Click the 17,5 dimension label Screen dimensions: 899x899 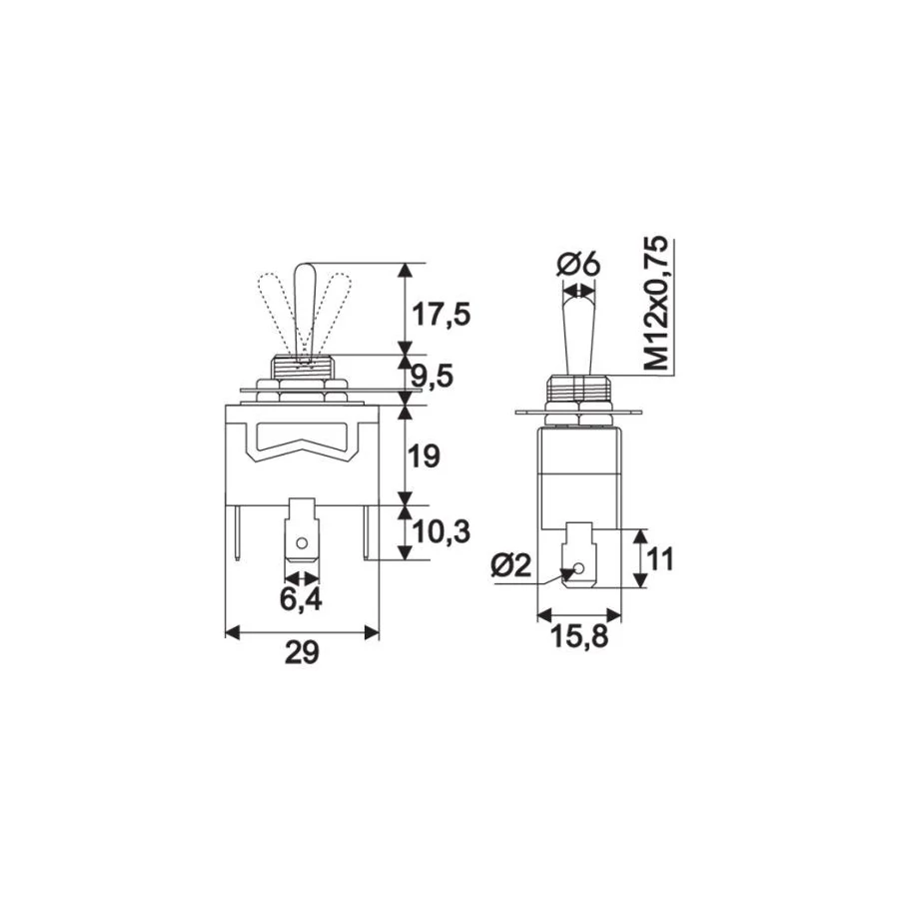pyautogui.click(x=442, y=315)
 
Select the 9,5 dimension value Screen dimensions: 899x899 pyautogui.click(x=433, y=377)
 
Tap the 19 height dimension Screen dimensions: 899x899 pyautogui.click(x=426, y=456)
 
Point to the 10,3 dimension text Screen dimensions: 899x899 pyautogui.click(x=442, y=532)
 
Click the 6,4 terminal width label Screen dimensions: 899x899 pyautogui.click(x=301, y=599)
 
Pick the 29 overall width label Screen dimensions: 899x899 pyautogui.click(x=302, y=653)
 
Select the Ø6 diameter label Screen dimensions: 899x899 pyautogui.click(x=578, y=265)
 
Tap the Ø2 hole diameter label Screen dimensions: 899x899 pyautogui.click(x=511, y=566)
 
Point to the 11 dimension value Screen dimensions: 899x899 pyautogui.click(x=661, y=558)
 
